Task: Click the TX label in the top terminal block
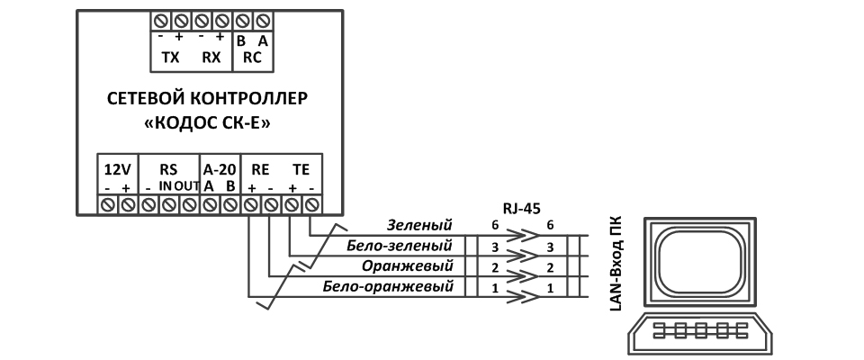pos(170,57)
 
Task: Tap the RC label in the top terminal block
pos(253,57)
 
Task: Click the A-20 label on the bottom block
pos(219,169)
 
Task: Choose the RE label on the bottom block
pos(260,169)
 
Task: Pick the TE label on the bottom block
pos(301,169)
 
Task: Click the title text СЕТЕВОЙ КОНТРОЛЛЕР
pos(212,97)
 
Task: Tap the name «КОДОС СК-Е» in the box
pos(212,121)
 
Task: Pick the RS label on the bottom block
pos(168,169)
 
